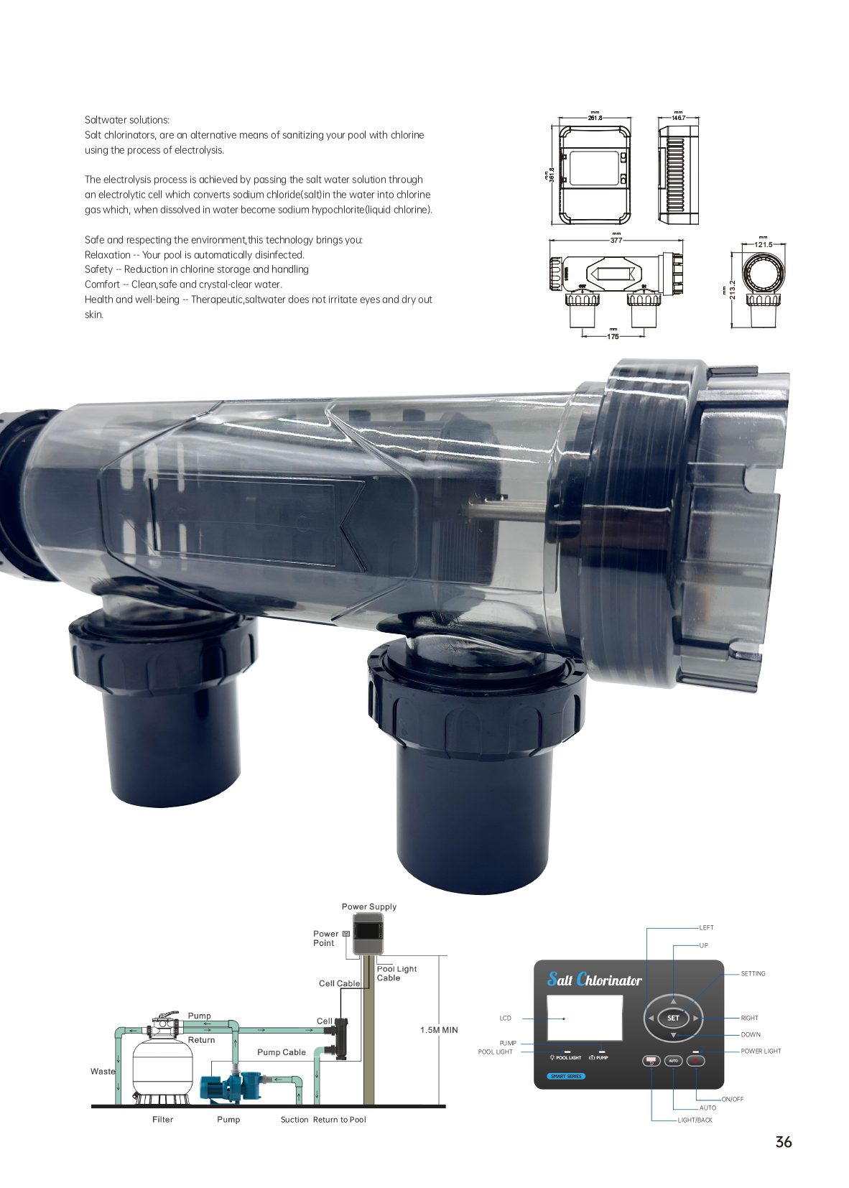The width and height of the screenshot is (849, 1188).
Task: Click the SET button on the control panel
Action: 672,1017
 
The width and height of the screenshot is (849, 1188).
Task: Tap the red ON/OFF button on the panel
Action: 696,1060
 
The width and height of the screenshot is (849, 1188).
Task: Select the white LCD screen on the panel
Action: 584,1016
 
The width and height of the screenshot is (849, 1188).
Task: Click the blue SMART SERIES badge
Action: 566,1076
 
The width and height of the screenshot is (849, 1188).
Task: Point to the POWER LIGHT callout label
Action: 761,1051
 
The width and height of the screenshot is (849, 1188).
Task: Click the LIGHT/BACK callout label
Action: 695,1120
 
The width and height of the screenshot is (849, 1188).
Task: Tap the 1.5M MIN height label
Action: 439,1029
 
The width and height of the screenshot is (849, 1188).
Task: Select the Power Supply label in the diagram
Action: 368,906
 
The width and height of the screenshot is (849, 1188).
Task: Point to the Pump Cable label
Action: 281,1052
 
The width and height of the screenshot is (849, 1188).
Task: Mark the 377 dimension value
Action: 616,240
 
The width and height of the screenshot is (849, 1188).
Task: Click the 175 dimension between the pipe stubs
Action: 613,335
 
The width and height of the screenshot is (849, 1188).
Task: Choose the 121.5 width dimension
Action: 763,244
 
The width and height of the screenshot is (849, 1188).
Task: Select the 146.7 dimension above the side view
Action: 678,118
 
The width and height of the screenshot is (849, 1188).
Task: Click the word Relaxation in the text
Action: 108,254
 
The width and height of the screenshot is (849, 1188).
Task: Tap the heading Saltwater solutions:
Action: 127,120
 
